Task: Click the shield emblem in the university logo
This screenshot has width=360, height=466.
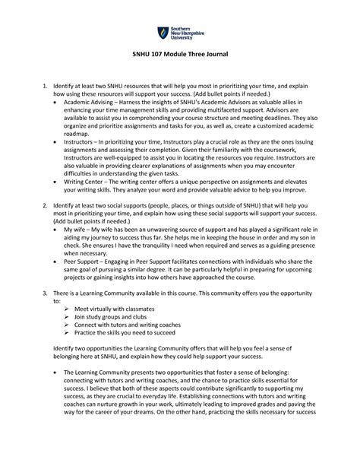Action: coord(161,33)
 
